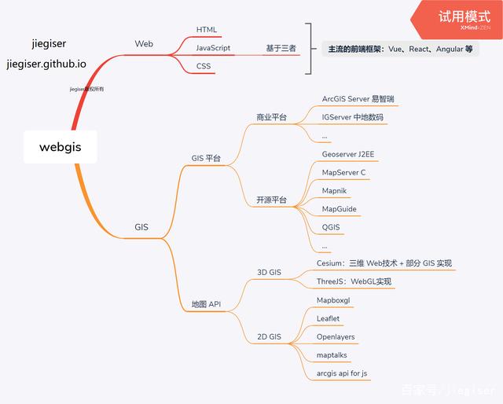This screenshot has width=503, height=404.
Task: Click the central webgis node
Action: coord(60,147)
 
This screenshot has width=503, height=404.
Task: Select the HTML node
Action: coord(207,30)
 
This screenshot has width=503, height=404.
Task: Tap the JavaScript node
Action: coord(213,48)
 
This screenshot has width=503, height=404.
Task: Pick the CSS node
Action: coord(204,67)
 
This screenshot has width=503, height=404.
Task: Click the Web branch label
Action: coord(144,45)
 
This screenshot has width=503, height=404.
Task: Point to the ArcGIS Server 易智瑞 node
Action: coord(358,100)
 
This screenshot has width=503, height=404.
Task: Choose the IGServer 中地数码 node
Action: coord(353,118)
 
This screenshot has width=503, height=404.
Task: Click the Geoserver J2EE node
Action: coord(349,154)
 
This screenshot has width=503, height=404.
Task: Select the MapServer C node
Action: coord(343,172)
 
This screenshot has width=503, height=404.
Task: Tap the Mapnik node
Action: coord(335,191)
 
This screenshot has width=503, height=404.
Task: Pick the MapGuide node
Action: coord(339,209)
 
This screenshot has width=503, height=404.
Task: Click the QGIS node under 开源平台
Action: coord(331,227)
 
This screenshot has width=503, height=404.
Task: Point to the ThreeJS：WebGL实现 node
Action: coord(354,281)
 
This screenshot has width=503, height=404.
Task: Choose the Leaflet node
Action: coord(328,318)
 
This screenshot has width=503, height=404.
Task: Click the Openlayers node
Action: coord(336,337)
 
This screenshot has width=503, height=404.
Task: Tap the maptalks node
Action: coord(332,355)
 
